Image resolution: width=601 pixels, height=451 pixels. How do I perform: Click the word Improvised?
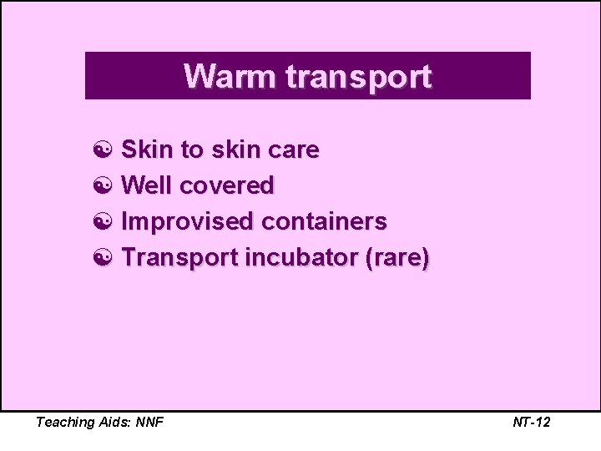pos(187,222)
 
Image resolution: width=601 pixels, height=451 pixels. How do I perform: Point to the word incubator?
pos(301,257)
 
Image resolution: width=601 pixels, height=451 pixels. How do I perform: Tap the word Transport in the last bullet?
pos(179,258)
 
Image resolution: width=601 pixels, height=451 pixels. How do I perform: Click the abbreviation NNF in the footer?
pos(147,422)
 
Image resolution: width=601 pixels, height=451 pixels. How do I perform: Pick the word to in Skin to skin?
pos(191,150)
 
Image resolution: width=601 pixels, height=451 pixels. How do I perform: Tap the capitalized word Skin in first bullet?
pos(147,149)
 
